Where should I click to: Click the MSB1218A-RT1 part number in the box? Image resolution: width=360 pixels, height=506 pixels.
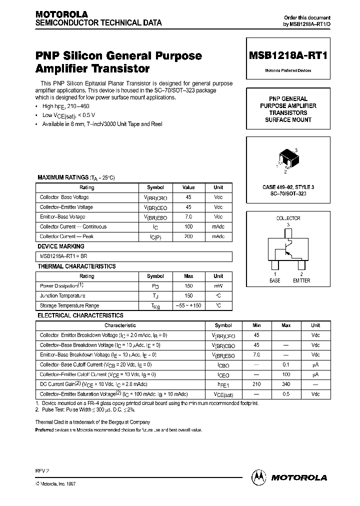(288, 56)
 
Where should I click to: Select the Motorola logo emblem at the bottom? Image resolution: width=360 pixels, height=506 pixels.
(259, 477)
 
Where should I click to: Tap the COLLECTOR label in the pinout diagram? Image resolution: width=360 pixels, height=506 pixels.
(288, 218)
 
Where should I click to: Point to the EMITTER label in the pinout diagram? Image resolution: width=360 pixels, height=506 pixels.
(301, 280)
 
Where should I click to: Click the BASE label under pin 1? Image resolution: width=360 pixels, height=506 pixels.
(275, 280)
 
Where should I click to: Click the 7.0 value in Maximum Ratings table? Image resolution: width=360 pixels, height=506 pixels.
(188, 217)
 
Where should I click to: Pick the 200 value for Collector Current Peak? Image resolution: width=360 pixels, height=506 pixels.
(188, 236)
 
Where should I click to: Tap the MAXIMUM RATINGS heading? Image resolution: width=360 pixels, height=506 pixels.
(62, 177)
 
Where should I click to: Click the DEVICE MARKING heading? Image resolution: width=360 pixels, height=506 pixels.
(61, 246)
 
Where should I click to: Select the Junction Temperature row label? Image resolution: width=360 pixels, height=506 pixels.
(62, 295)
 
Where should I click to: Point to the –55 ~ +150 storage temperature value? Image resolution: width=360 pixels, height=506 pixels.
(188, 305)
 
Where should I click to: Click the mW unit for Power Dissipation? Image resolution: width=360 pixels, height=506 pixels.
(218, 286)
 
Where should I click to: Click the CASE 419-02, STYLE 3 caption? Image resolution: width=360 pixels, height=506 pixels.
(288, 187)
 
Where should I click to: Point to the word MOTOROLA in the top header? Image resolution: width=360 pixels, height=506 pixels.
(61, 14)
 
